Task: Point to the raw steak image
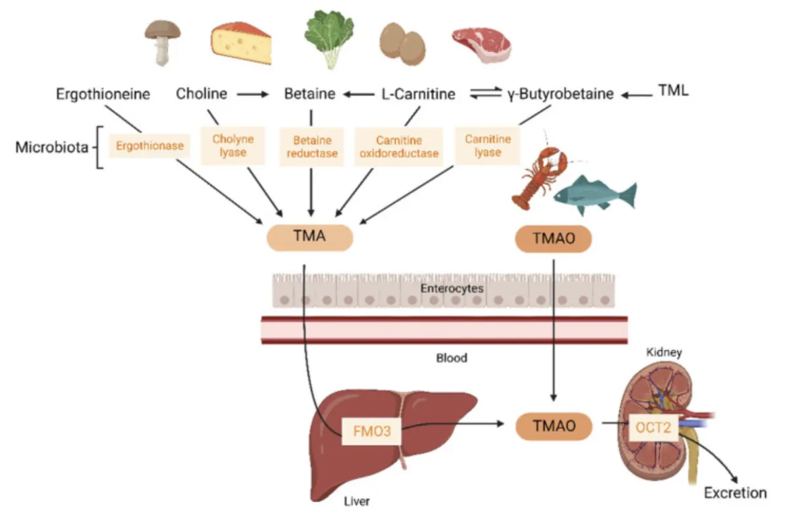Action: [481, 43]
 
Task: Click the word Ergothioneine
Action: [103, 94]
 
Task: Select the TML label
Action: [673, 91]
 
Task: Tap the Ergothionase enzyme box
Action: [149, 146]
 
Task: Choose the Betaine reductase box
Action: [312, 146]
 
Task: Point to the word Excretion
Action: [735, 493]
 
